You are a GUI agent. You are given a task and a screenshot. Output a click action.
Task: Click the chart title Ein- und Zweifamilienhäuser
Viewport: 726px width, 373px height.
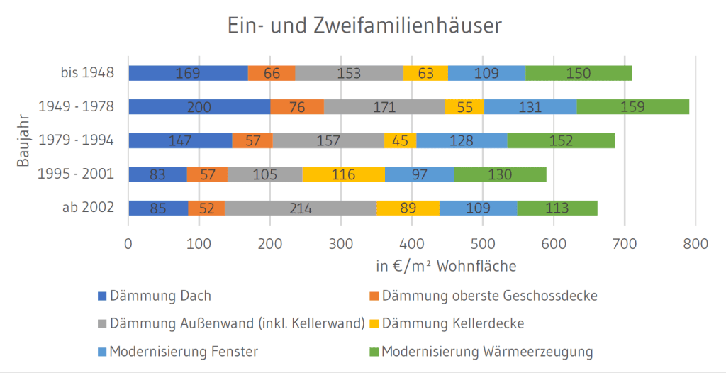coord(364,26)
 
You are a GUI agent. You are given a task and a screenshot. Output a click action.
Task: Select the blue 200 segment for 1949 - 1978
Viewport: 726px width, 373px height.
coord(199,106)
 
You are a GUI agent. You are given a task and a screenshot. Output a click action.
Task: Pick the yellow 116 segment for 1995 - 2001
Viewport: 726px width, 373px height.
coord(343,174)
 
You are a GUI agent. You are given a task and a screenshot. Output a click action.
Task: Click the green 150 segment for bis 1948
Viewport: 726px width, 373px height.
coord(579,73)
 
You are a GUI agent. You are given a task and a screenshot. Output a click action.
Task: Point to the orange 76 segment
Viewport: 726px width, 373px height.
coord(297,106)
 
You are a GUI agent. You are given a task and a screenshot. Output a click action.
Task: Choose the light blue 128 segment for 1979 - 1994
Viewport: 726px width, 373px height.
coord(461,140)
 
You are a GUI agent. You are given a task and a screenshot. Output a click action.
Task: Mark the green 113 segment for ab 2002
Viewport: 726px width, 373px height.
coord(557,208)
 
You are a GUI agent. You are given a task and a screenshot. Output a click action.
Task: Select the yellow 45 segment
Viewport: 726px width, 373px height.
coord(400,140)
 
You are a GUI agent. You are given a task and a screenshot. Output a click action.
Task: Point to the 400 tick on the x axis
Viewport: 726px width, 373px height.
coord(412,243)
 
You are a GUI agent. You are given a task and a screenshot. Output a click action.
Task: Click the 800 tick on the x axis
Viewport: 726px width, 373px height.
coord(695,243)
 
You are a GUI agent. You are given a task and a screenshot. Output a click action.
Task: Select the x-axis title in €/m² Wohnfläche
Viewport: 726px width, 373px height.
coord(446,267)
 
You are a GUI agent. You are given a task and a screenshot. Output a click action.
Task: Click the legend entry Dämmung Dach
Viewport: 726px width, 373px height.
coord(160,296)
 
